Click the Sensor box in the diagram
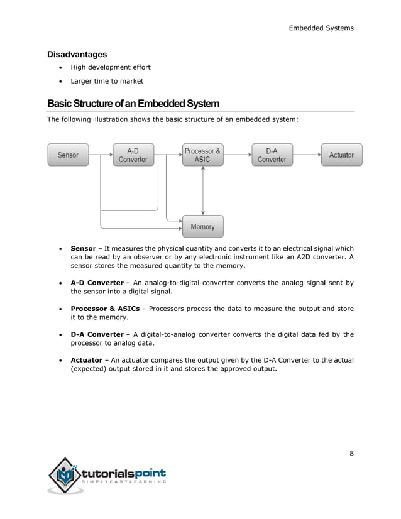click(68, 155)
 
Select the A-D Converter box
click(133, 155)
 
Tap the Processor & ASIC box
click(202, 155)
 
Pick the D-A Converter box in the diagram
click(272, 155)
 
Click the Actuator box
click(341, 155)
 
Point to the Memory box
click(202, 226)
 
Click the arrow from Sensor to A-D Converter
click(101, 155)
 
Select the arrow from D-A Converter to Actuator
click(307, 155)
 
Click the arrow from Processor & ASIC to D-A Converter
click(237, 155)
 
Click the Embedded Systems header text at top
click(321, 28)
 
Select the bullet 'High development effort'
click(110, 67)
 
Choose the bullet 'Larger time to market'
click(107, 81)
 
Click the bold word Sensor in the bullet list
click(83, 248)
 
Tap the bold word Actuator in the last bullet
click(87, 359)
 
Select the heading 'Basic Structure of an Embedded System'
click(133, 103)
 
